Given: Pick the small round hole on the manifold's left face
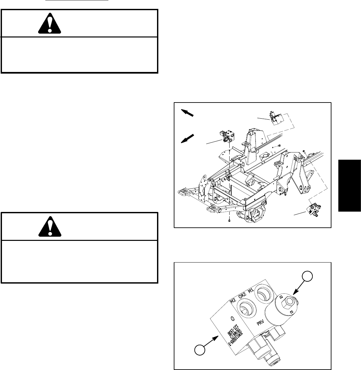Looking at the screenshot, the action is pyautogui.click(x=232, y=318).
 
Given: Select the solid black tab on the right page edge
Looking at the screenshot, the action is pyautogui.click(x=349, y=185).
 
